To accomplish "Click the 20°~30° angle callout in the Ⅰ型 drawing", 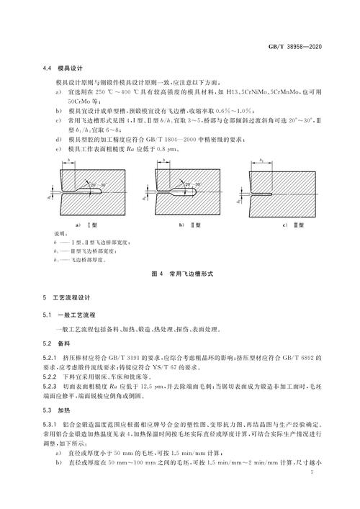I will (101, 186).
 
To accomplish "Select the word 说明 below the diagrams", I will (60, 235).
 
